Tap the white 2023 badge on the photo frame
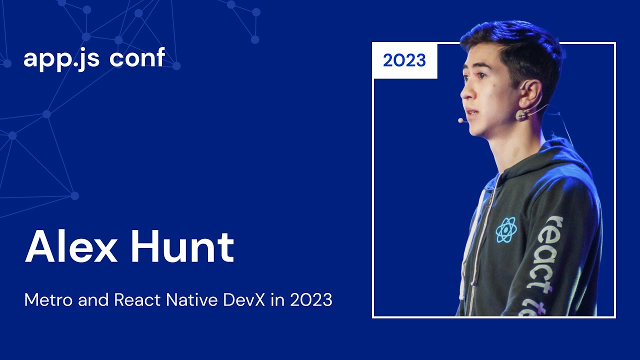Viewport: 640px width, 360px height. tap(404, 61)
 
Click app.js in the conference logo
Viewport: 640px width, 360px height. tap(62, 59)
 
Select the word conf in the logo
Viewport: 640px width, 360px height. tap(137, 58)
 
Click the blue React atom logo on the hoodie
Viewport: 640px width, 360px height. tap(506, 230)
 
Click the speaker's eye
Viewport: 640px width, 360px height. tap(480, 76)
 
